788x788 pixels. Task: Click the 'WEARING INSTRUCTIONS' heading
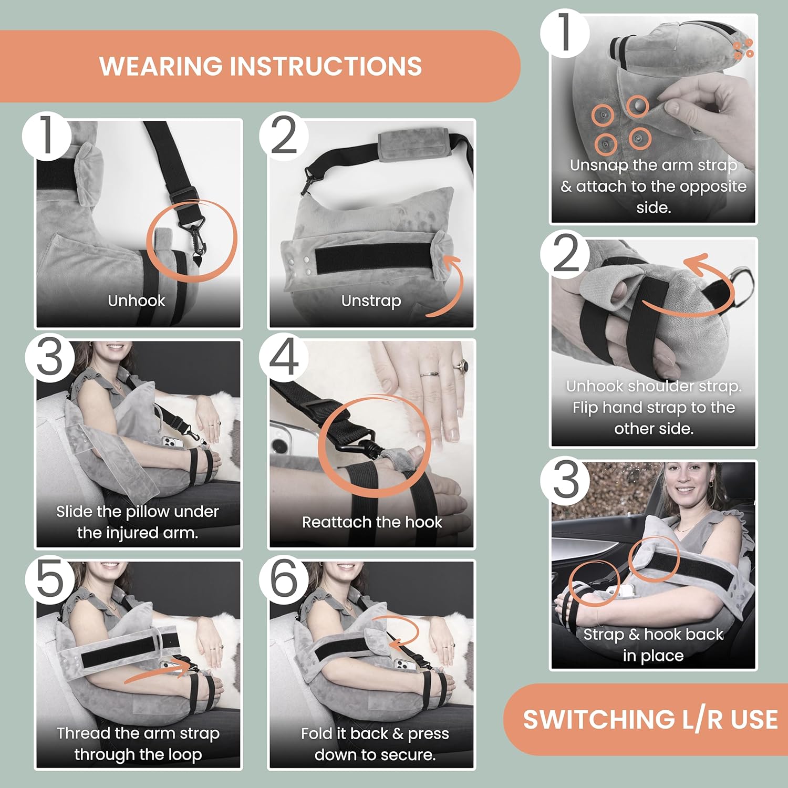tap(261, 66)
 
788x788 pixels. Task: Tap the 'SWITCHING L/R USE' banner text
tap(650, 719)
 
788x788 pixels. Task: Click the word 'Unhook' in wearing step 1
tap(137, 300)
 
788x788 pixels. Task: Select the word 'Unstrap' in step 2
tap(371, 301)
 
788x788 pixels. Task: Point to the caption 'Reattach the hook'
tap(372, 522)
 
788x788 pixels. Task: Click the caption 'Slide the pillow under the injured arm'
tap(138, 522)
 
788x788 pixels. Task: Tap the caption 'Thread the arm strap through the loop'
tap(138, 744)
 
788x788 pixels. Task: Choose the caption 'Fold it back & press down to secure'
tap(375, 744)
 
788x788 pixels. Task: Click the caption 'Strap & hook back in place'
tap(654, 645)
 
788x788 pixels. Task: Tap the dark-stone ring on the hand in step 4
tap(464, 365)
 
